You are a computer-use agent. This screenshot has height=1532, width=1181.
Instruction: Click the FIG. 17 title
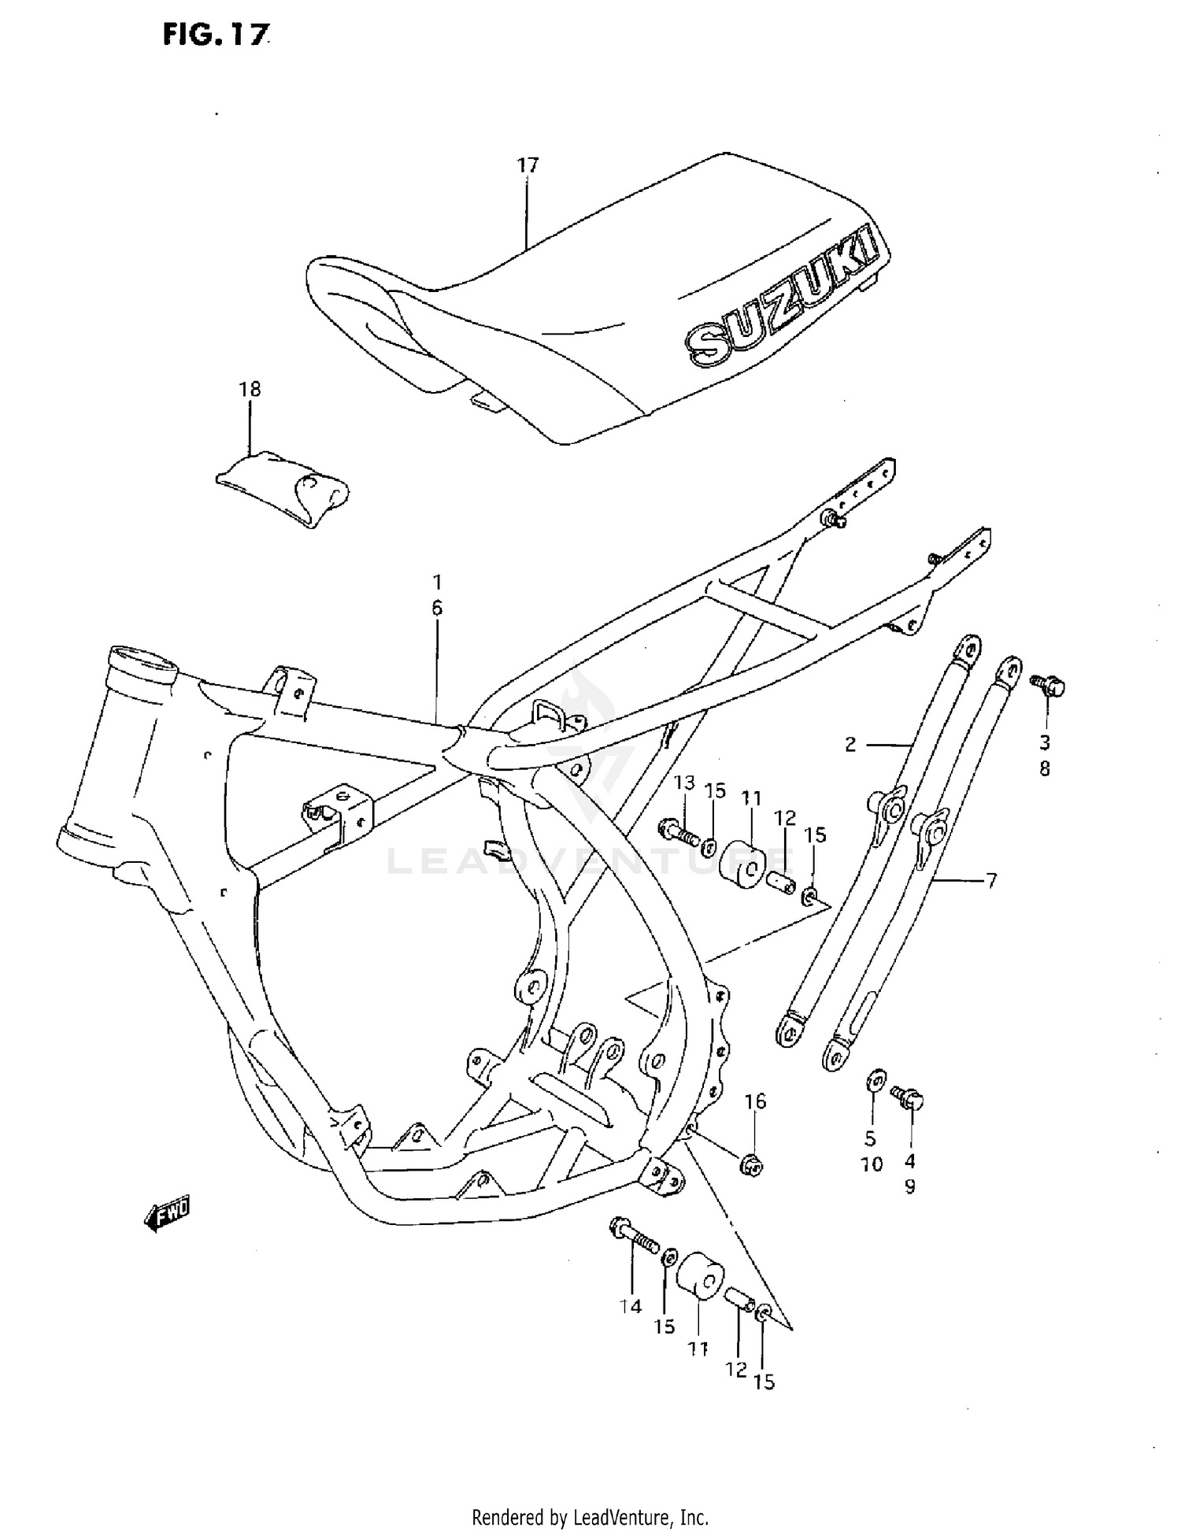[216, 34]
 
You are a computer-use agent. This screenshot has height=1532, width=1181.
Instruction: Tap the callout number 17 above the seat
[528, 165]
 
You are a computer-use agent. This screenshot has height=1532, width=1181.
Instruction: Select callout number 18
[250, 389]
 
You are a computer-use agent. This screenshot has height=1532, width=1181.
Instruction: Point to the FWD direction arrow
[168, 1216]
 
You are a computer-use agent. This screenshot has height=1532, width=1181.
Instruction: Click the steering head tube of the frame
[118, 756]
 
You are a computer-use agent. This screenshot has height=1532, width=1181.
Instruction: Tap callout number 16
[754, 1101]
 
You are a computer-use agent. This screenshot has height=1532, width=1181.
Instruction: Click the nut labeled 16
[750, 1164]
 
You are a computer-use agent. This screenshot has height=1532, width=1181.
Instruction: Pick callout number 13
[683, 783]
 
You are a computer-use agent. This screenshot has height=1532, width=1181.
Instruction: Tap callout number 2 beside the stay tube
[850, 744]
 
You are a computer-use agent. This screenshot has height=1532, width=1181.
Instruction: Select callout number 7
[990, 880]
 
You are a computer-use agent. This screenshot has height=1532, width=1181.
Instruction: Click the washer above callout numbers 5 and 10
[875, 1079]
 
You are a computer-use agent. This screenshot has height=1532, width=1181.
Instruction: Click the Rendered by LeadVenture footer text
[590, 1516]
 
